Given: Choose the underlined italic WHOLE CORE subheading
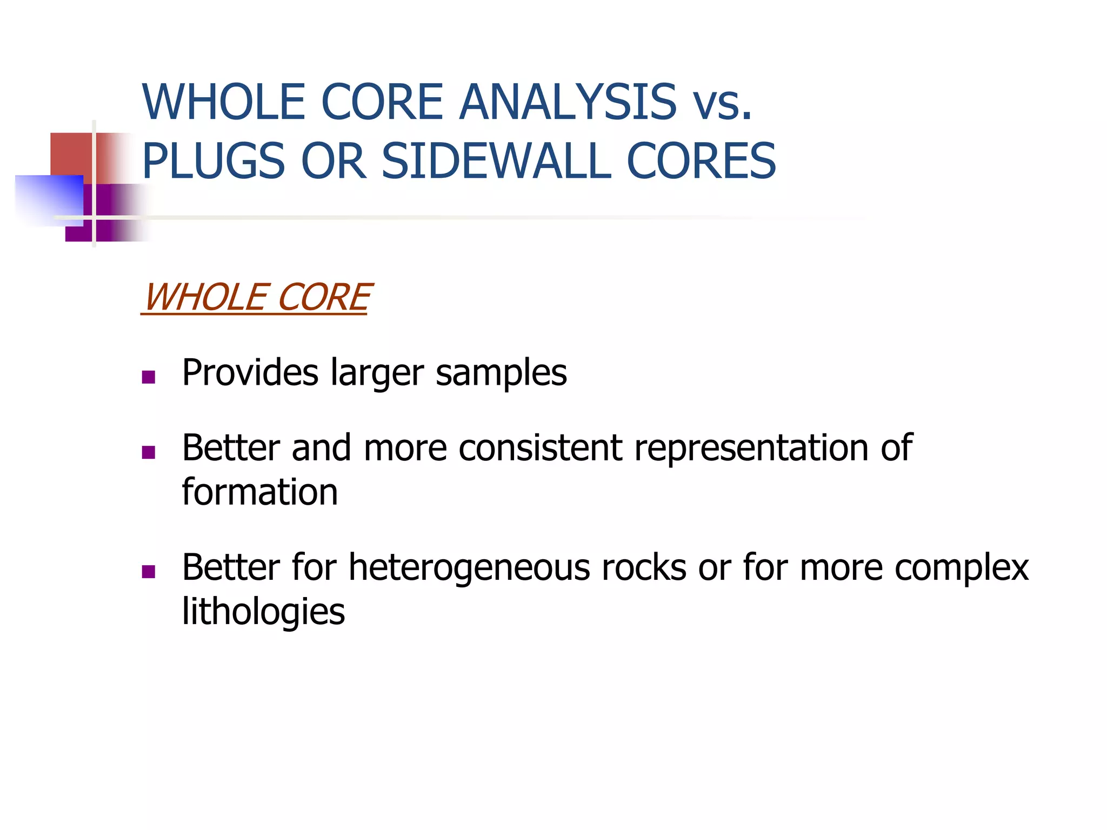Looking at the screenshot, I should [256, 298].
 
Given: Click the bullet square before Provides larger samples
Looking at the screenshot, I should [148, 377].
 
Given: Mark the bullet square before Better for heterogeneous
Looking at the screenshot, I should [148, 571].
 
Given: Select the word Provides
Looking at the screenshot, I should [250, 373].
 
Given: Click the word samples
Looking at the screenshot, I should [501, 373].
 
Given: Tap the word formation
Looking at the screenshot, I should [260, 492].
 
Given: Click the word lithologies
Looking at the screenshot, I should [263, 612].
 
